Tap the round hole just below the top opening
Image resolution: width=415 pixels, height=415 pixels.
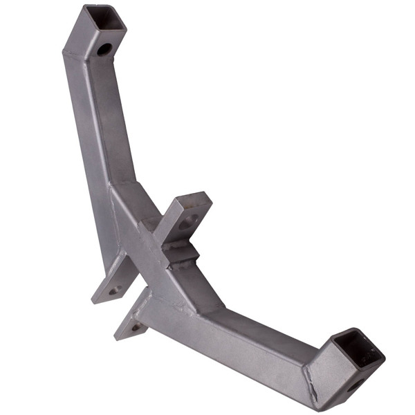pos(104,49)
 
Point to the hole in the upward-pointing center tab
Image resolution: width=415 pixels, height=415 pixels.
pos(187,223)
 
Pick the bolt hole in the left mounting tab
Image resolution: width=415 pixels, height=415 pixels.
pos(115,289)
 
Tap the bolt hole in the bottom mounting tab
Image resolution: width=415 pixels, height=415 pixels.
pos(136,326)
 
